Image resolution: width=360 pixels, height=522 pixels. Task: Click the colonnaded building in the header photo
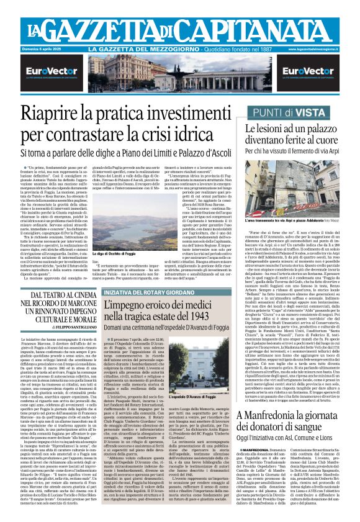pyautogui.click(x=180, y=74)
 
